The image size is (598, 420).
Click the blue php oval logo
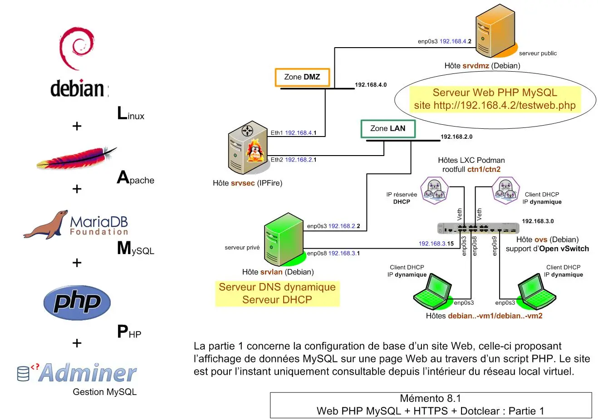77,303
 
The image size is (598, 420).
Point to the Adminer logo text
88,373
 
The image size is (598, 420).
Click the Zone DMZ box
302,77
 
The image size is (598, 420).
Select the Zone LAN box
388,129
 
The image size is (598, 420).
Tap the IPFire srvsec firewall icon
248,147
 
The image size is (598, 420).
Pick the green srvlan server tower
284,239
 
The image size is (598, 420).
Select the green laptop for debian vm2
537,292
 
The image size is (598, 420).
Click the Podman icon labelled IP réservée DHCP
434,190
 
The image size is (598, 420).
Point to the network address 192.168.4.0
371,85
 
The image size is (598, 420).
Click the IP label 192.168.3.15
436,244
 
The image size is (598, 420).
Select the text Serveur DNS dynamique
277,287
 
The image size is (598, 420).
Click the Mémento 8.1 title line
430,399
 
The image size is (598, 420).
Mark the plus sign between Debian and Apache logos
77,126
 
